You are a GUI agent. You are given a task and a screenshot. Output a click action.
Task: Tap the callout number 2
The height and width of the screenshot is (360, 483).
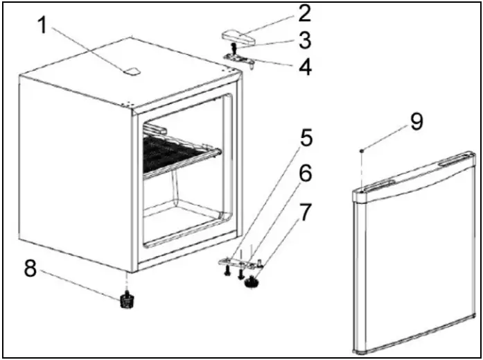tap(305, 13)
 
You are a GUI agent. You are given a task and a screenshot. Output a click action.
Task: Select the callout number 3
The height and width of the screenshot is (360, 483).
tap(305, 40)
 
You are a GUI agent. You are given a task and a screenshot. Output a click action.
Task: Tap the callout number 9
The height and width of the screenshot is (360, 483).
tap(415, 121)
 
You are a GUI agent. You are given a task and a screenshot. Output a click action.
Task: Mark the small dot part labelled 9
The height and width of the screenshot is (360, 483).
tap(362, 150)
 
